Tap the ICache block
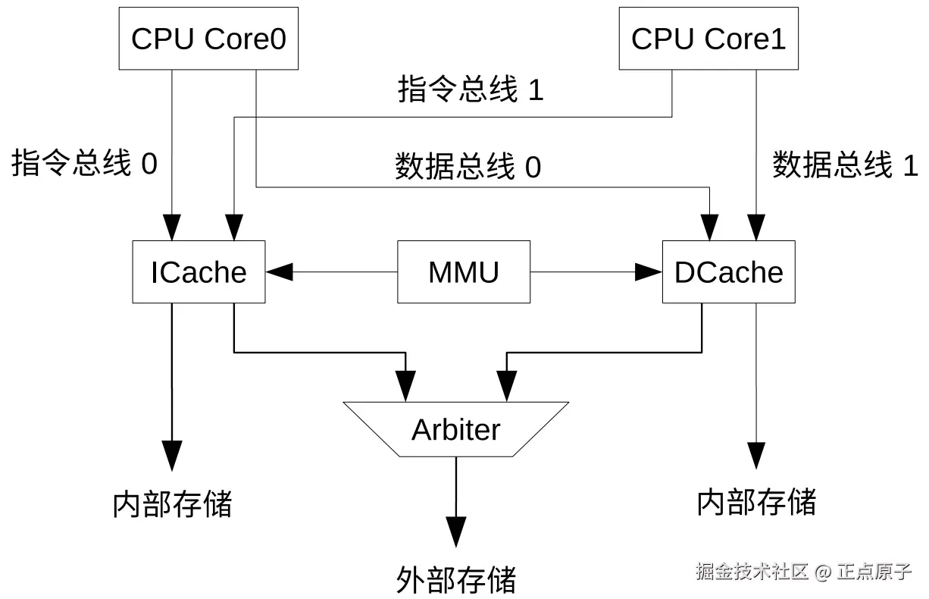click(199, 272)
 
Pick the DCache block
click(728, 272)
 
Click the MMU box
click(464, 272)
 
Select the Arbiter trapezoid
click(456, 429)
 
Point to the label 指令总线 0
click(84, 164)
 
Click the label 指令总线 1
click(471, 90)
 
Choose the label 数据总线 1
click(845, 165)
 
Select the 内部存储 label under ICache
click(172, 503)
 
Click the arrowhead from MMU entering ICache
click(277, 272)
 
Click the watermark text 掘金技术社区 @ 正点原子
click(803, 571)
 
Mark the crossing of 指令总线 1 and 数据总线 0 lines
click(256, 118)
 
